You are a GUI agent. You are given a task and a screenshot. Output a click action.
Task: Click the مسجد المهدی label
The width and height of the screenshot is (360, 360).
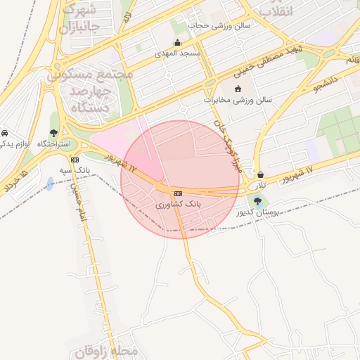pos(181,53)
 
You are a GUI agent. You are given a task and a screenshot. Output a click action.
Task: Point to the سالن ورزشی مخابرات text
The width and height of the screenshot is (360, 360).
pos(238,100)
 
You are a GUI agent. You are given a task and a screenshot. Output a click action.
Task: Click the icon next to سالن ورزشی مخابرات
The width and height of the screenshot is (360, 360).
pos(237,89)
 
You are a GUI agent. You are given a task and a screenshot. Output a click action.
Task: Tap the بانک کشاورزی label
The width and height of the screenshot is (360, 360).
pos(179,203)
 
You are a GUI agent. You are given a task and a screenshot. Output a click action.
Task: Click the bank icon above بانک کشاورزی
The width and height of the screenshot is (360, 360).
pos(178,193)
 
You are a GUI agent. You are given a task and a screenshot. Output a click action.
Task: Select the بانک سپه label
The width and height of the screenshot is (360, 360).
pos(77,170)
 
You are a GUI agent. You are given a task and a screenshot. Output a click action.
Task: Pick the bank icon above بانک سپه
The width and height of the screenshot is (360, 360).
pos(75,160)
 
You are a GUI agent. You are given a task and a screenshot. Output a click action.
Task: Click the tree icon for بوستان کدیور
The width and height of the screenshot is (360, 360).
pos(257,201)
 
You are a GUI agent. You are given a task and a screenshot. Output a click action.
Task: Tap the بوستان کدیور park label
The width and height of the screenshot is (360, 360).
pos(258,212)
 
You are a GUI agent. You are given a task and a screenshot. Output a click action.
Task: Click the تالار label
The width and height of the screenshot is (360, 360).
pos(261,184)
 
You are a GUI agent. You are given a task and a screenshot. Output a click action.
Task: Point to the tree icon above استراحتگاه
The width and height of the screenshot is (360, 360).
pos(54,133)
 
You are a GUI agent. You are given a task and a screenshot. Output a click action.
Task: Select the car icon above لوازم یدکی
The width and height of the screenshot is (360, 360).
pos(4,134)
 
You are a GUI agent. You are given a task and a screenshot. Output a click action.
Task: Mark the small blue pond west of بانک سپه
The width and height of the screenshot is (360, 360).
pos(50,184)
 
